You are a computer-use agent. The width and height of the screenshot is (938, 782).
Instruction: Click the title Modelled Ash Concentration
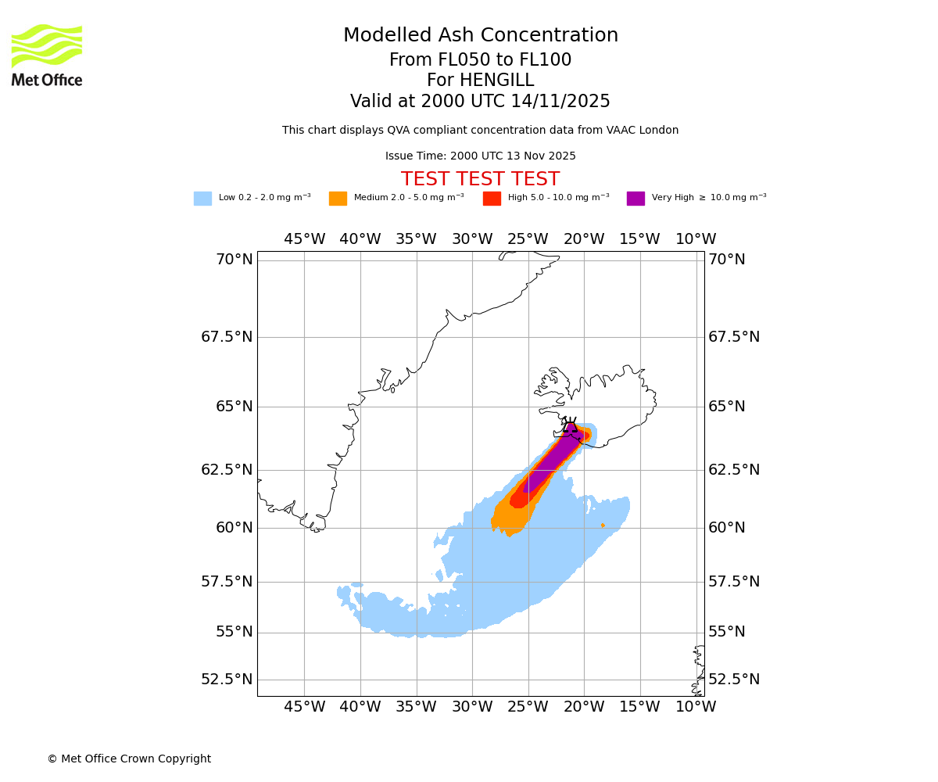pyautogui.click(x=481, y=36)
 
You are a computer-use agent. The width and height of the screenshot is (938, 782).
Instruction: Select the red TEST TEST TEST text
pyautogui.click(x=480, y=180)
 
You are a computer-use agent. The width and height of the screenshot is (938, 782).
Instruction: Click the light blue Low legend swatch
pyautogui.click(x=202, y=199)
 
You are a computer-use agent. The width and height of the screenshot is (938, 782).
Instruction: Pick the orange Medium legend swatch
pyautogui.click(x=338, y=199)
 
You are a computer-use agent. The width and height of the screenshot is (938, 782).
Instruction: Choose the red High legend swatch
pyautogui.click(x=492, y=199)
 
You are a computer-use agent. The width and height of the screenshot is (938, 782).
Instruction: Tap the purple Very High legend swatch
pyautogui.click(x=635, y=199)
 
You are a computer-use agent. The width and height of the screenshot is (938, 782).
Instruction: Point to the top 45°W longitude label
pyautogui.click(x=304, y=239)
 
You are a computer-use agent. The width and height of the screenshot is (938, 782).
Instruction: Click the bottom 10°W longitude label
pyautogui.click(x=696, y=707)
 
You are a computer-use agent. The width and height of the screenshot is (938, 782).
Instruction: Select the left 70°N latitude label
pyautogui.click(x=234, y=260)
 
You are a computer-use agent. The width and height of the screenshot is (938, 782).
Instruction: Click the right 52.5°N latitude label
pyautogui.click(x=733, y=680)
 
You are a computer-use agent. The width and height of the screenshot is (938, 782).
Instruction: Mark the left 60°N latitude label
pyautogui.click(x=234, y=528)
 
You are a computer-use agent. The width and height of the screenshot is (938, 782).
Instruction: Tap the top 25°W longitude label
pyautogui.click(x=528, y=239)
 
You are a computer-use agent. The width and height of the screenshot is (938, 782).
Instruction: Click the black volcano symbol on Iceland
pyautogui.click(x=570, y=425)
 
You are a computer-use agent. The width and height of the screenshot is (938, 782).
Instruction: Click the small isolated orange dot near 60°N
pyautogui.click(x=603, y=526)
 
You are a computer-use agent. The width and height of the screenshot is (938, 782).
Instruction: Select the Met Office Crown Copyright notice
pyautogui.click(x=129, y=759)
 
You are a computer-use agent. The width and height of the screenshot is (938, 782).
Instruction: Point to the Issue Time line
pyautogui.click(x=480, y=156)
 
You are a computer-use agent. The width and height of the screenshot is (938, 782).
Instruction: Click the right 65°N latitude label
pyautogui.click(x=727, y=407)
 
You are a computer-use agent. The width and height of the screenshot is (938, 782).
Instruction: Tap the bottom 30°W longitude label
pyautogui.click(x=472, y=707)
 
